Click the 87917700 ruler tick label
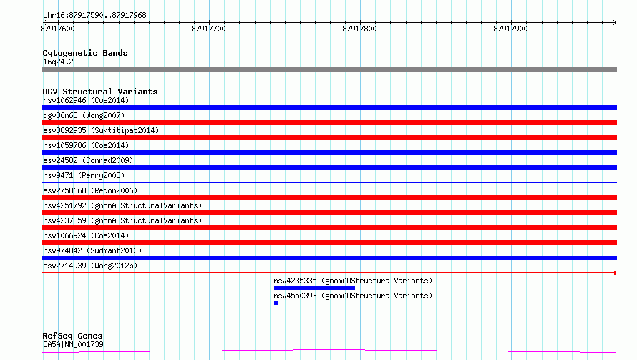208,29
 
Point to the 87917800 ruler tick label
359,29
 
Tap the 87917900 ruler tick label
510,29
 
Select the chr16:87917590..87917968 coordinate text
94,16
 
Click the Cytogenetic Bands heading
85,53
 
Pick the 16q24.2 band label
58,62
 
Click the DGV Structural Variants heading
100,92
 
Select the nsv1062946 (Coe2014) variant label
86,100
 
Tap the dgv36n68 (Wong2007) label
84,115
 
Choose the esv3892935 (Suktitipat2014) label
101,130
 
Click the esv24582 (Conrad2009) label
88,160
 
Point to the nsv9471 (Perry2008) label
84,175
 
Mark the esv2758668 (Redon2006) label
90,190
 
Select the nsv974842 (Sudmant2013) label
92,250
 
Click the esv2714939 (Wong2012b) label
90,266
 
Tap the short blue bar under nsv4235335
314,288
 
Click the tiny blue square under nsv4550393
276,303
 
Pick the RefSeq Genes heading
72,336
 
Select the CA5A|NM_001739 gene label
73,344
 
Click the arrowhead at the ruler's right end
615,23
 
